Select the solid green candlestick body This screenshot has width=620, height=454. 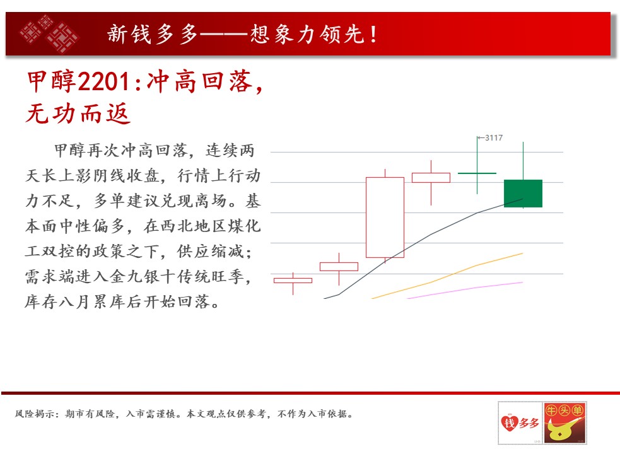pyautogui.click(x=523, y=194)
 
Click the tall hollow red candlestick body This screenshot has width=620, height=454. pyautogui.click(x=385, y=218)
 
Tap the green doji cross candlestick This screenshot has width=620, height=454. pyautogui.click(x=477, y=173)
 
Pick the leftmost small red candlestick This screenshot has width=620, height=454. pyautogui.click(x=293, y=281)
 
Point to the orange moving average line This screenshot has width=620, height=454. pyautogui.click(x=447, y=276)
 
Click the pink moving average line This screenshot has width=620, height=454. pyautogui.click(x=465, y=290)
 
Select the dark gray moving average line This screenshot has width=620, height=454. pyautogui.click(x=423, y=248)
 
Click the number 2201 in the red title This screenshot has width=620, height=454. pyautogui.click(x=103, y=82)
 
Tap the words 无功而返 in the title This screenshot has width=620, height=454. pyautogui.click(x=78, y=113)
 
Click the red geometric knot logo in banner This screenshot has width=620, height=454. pyautogui.click(x=50, y=33)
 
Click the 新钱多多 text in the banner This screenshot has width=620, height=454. pyautogui.click(x=153, y=34)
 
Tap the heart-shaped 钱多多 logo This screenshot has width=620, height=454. pyautogui.click(x=520, y=423)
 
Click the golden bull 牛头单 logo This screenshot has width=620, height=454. pyautogui.click(x=564, y=422)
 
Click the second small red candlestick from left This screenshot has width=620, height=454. pyautogui.click(x=339, y=267)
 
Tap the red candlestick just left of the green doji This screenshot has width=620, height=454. pyautogui.click(x=431, y=178)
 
